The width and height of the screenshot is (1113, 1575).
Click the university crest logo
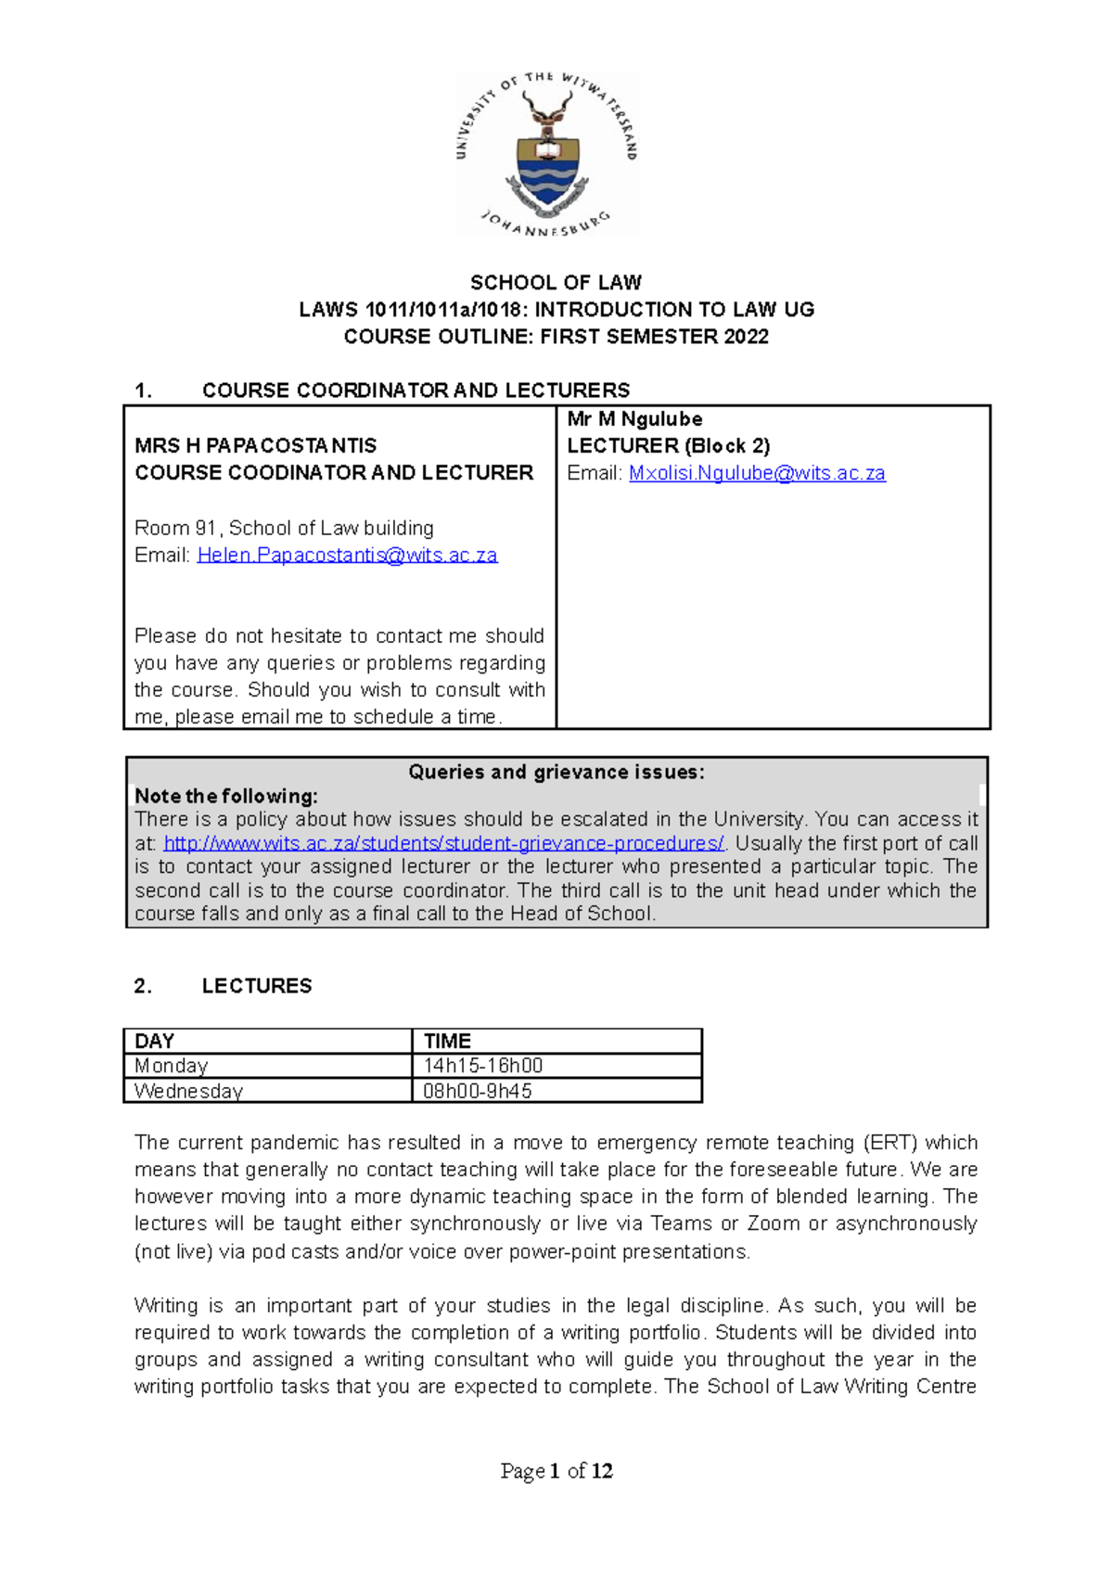point(547,154)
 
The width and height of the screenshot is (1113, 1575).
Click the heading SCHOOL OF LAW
point(556,282)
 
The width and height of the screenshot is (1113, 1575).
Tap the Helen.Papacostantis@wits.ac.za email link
point(347,555)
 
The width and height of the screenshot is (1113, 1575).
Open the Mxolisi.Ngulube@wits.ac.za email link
point(757,473)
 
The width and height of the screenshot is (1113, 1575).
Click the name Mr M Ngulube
point(634,419)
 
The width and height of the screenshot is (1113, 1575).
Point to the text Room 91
point(175,528)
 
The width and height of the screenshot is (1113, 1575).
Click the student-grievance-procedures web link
point(443,843)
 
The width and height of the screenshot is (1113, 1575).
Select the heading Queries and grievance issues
point(556,772)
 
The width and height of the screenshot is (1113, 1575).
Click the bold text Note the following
point(226,796)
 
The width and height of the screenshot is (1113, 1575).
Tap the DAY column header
point(155,1041)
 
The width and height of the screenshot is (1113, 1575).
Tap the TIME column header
point(447,1041)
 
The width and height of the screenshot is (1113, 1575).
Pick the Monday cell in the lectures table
point(172,1066)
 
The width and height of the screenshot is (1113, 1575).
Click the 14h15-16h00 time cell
point(482,1066)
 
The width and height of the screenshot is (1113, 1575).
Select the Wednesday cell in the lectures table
point(188,1091)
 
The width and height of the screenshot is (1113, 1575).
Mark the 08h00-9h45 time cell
point(477,1091)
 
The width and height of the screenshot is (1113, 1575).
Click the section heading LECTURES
point(257,986)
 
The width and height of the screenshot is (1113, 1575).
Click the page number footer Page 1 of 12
point(556,1471)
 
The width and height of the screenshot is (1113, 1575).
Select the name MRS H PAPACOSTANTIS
point(255,446)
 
